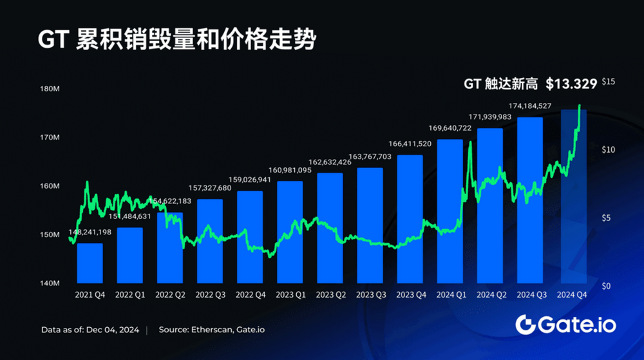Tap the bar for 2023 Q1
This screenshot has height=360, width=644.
point(290,232)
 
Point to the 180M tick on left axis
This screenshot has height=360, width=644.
point(50,90)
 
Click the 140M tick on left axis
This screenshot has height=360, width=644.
point(50,283)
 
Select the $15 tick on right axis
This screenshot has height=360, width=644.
point(609,82)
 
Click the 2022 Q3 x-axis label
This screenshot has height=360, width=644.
point(210,294)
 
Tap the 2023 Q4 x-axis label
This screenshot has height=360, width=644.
point(410,294)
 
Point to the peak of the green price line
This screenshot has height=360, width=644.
point(580,105)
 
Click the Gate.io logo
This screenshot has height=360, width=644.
point(565,325)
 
